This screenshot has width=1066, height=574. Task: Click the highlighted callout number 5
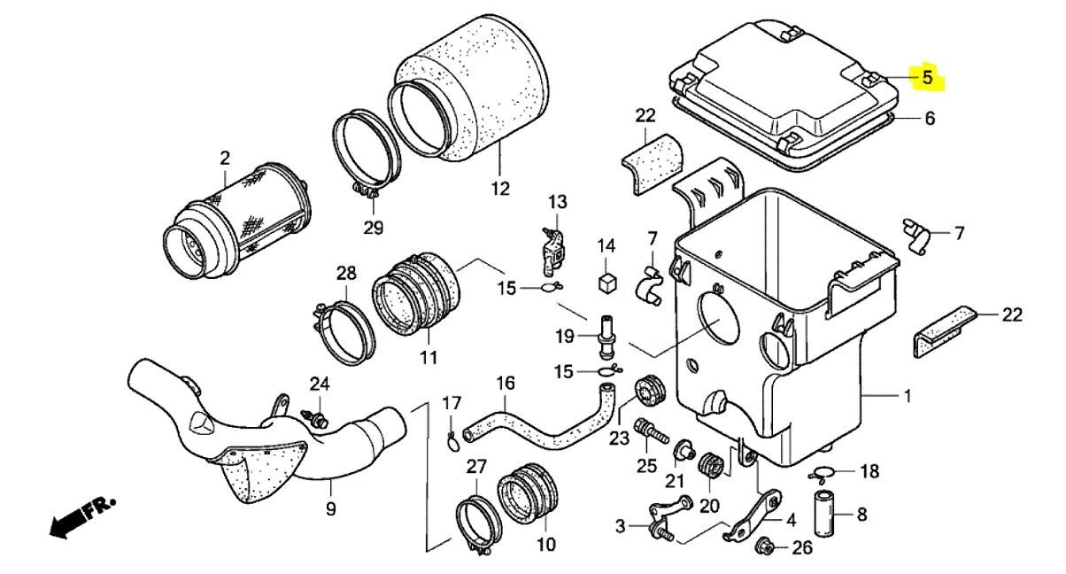927,77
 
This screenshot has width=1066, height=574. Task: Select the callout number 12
500,188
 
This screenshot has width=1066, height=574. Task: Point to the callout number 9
330,509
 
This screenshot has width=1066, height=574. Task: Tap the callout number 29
373,228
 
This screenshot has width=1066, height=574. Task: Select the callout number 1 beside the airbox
907,396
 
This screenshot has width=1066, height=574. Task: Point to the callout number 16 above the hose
505,384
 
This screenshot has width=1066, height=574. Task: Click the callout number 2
225,159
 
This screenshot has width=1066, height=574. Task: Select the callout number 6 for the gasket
930,119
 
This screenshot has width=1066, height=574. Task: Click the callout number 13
556,203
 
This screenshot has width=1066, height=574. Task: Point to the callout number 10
546,544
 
